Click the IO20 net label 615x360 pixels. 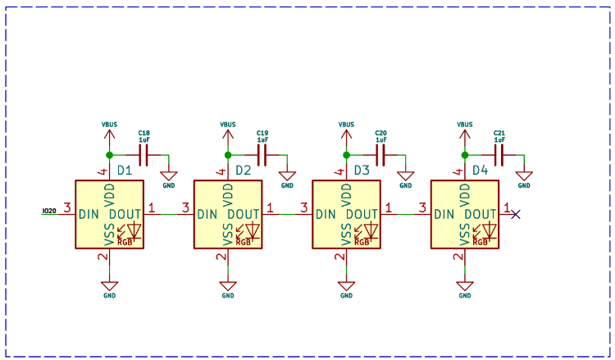tap(49, 212)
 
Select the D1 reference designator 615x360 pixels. tap(125, 171)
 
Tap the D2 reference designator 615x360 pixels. tap(244, 171)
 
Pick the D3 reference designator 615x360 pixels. tap(362, 171)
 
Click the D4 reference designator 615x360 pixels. tap(480, 171)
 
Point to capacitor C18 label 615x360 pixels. tap(143, 133)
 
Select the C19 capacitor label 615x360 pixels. tap(262, 133)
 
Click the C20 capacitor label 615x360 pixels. tap(380, 133)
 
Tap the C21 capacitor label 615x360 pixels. tap(499, 133)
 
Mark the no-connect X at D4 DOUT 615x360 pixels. tap(515, 214)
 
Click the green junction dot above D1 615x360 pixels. tap(109, 154)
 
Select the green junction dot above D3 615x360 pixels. tap(346, 154)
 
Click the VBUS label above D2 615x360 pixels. tap(228, 125)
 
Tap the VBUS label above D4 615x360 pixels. tap(464, 125)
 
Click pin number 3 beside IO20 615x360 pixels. tap(68, 207)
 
